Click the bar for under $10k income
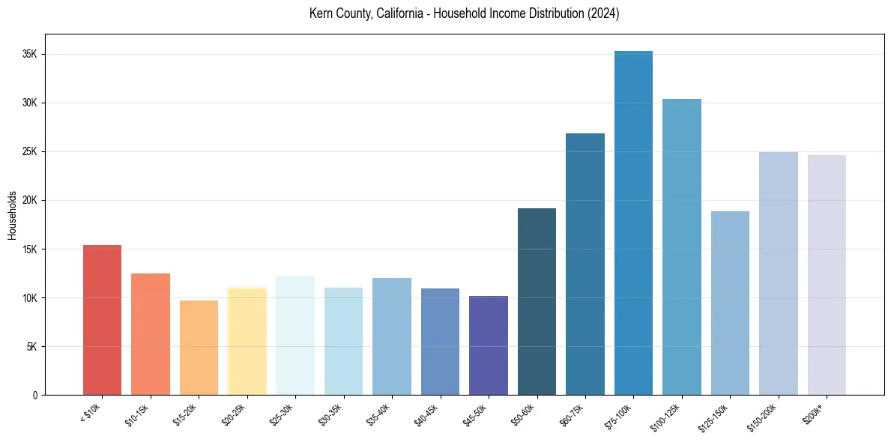(102, 320)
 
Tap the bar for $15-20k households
(199, 348)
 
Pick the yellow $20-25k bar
(247, 341)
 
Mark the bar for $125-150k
(730, 303)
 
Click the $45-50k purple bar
(489, 345)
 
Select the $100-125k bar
(682, 246)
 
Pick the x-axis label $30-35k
(330, 413)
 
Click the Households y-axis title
(12, 214)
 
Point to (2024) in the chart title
(604, 14)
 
